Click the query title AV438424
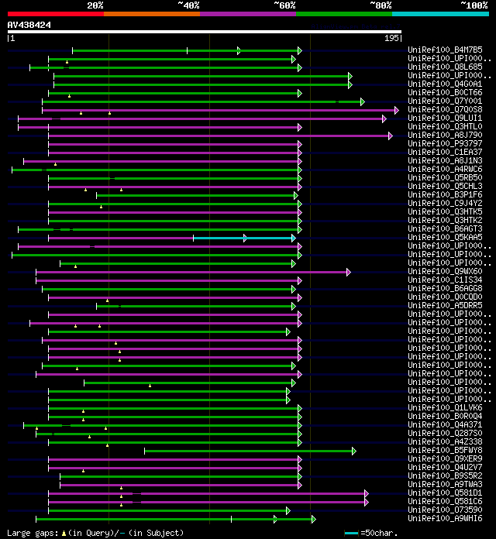pyautogui.click(x=29, y=25)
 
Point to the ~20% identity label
pyautogui.click(x=95, y=5)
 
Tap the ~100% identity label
pyautogui.click(x=474, y=5)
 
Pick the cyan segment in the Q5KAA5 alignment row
pyautogui.click(x=244, y=238)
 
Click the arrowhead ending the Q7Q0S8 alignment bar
pyautogui.click(x=397, y=110)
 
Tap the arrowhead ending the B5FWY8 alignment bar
pyautogui.click(x=353, y=451)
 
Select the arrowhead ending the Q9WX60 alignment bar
pyautogui.click(x=349, y=272)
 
